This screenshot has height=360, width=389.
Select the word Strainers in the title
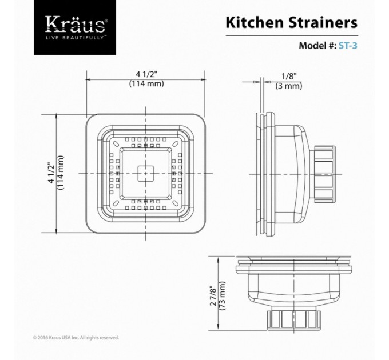pyautogui.click(x=323, y=22)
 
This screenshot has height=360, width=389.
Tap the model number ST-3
pyautogui.click(x=348, y=46)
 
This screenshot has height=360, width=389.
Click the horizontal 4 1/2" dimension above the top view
pyautogui.click(x=146, y=74)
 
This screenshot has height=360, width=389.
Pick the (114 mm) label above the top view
pyautogui.click(x=146, y=83)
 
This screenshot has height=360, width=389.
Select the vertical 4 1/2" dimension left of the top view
pyautogui.click(x=51, y=173)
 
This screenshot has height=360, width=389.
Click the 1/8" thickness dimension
pyautogui.click(x=289, y=76)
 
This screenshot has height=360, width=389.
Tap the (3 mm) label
pyautogui.click(x=289, y=86)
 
